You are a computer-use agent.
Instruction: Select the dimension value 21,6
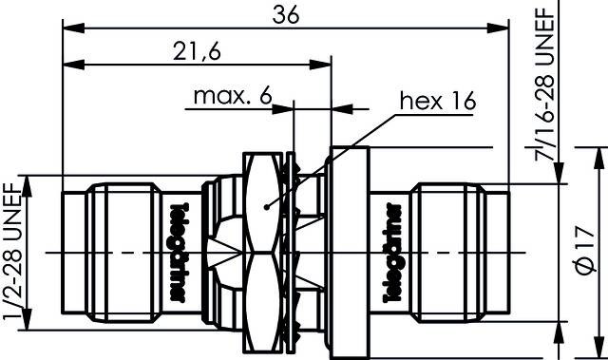pos(198,51)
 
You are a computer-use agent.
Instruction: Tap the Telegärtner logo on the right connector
pos(389,251)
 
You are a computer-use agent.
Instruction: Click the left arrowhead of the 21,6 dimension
pos(69,65)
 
